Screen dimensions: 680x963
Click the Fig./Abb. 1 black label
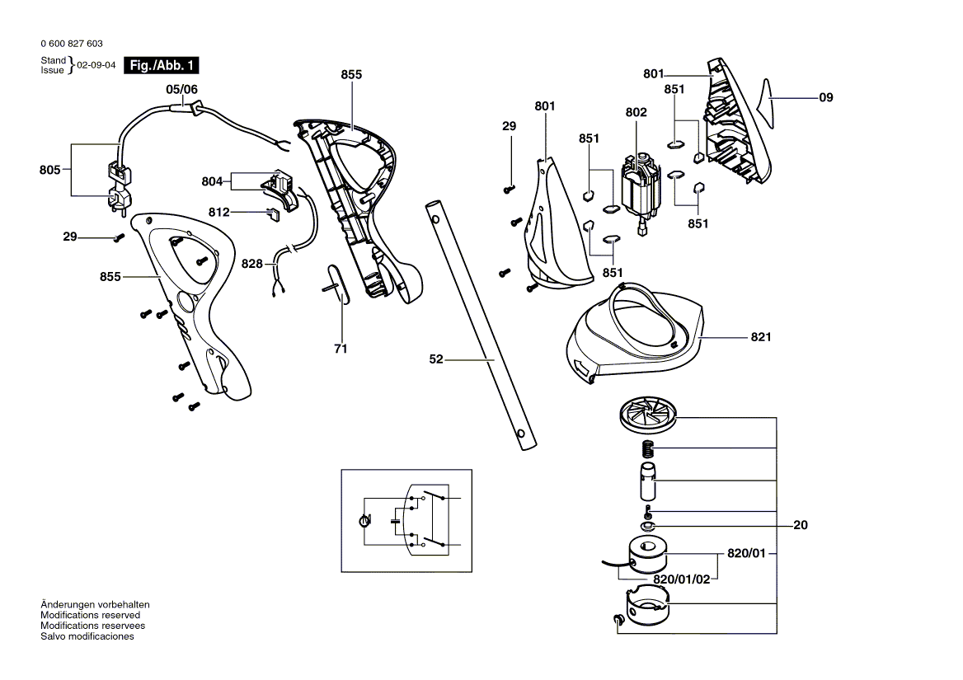(x=161, y=65)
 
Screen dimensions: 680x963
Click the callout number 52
(x=436, y=359)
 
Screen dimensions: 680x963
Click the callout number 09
(x=826, y=98)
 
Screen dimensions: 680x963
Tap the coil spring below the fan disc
(x=648, y=449)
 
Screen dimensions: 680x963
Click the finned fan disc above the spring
(x=647, y=415)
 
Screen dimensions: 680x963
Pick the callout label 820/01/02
(x=681, y=579)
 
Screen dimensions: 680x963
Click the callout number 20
(x=800, y=525)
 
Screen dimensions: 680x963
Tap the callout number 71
(x=341, y=349)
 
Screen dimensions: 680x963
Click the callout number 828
(x=251, y=264)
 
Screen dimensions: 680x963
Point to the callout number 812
(x=218, y=213)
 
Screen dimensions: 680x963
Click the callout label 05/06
(x=181, y=88)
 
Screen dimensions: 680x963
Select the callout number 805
(x=49, y=171)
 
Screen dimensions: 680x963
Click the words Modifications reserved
(x=90, y=615)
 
